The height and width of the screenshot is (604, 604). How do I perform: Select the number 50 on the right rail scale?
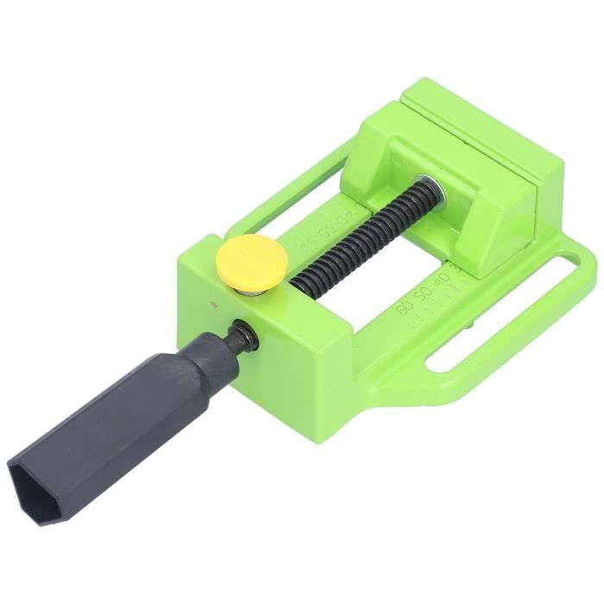point(422,296)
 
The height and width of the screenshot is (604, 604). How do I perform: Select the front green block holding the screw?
point(285,337)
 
